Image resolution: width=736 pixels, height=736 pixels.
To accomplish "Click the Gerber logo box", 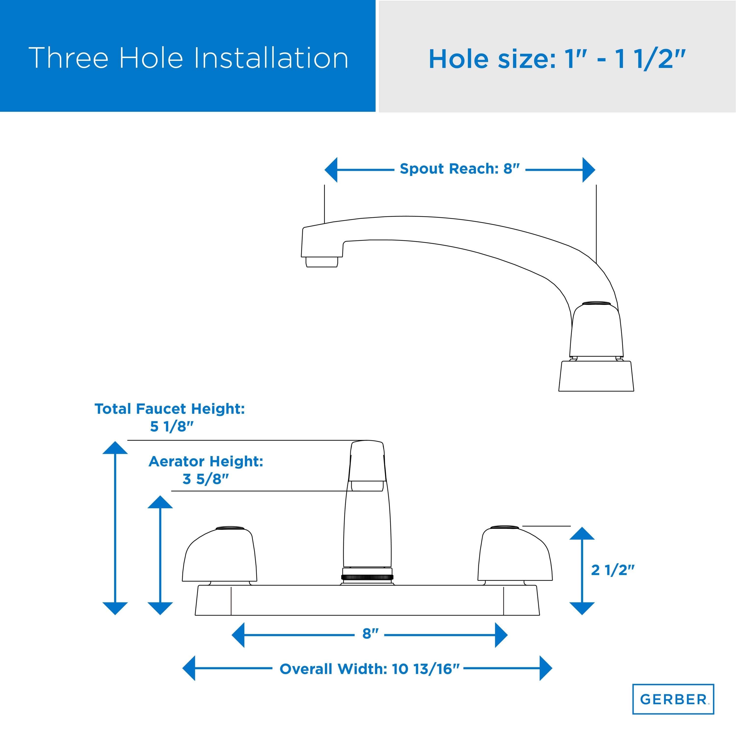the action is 673,699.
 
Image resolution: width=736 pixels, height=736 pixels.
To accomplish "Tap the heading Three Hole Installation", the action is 188,58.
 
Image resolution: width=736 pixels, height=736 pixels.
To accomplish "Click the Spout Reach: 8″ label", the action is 460,169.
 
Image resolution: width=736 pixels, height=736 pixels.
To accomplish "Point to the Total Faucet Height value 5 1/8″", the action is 172,427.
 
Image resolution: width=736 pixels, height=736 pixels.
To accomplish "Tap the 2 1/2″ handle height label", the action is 613,570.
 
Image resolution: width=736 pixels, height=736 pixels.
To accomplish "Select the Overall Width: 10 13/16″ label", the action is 369,669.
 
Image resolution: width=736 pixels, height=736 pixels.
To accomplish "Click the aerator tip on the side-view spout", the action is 322,262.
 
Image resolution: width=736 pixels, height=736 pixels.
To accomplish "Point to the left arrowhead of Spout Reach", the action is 331,170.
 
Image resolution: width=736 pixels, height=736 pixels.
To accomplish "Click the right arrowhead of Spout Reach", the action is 589,170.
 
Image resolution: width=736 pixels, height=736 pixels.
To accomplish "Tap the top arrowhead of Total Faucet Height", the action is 115,448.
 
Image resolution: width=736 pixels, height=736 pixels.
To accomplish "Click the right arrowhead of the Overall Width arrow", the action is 546,668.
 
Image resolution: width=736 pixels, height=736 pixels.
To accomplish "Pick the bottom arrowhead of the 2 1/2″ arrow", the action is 582,609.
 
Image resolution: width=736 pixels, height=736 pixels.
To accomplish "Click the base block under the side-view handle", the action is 596,376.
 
